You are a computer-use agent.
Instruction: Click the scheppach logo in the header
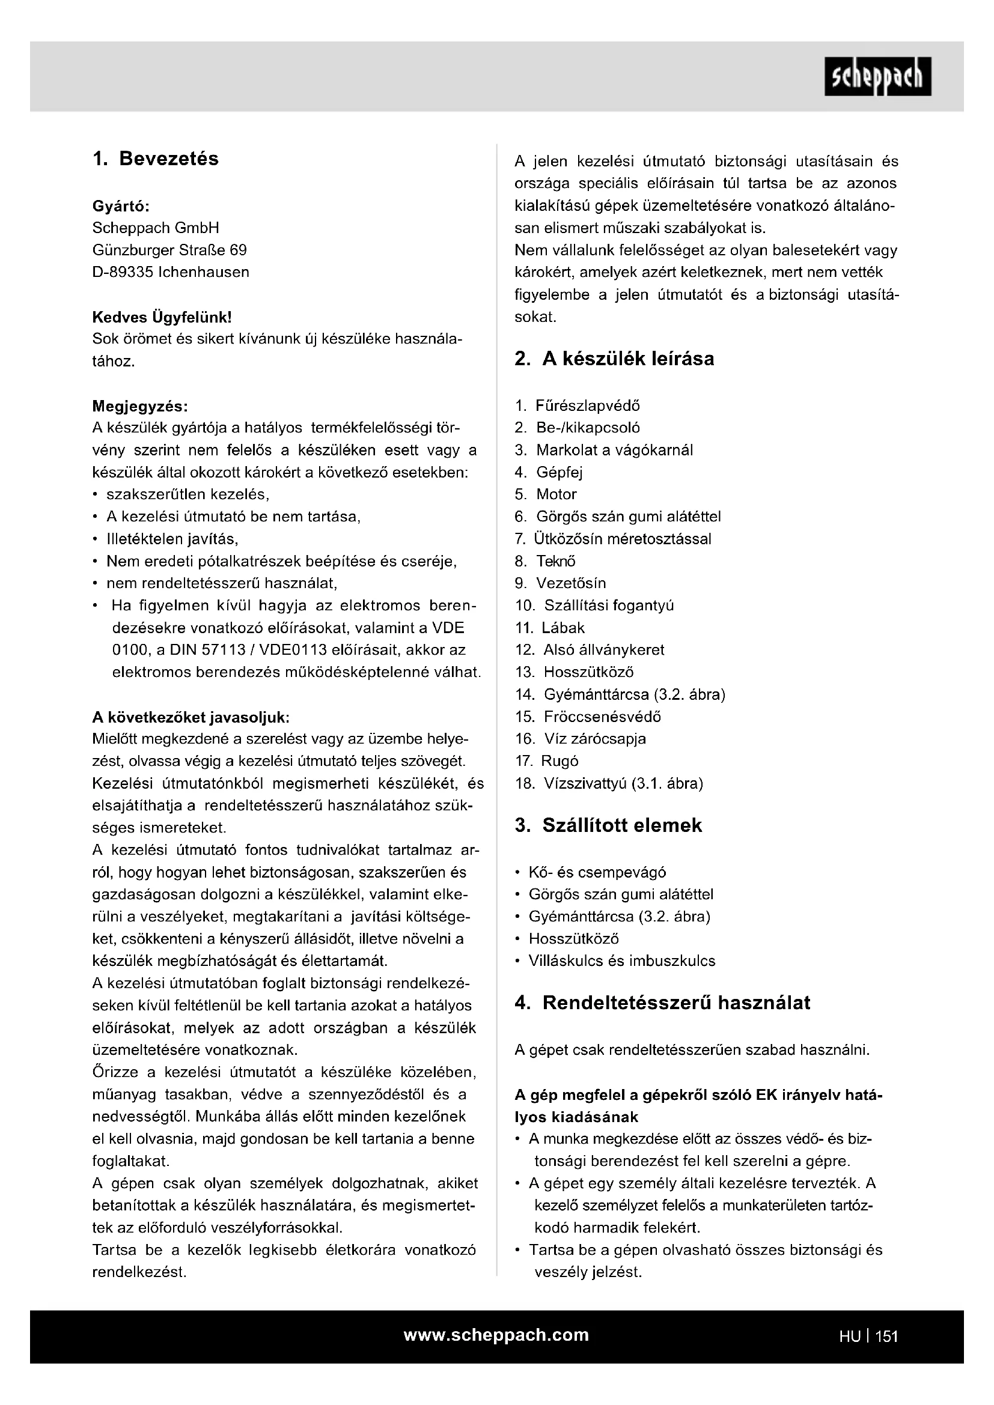[877, 76]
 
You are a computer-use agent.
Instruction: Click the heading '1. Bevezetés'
[156, 159]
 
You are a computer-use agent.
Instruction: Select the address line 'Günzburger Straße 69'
[169, 250]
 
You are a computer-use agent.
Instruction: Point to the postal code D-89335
[123, 272]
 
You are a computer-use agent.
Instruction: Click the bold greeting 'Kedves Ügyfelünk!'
[162, 317]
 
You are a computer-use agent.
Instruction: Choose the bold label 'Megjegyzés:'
[140, 406]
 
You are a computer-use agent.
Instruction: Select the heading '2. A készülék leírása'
[615, 359]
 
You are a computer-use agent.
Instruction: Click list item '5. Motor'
[546, 494]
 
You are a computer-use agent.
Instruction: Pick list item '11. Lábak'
[550, 628]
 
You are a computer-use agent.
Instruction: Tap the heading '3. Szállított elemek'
[608, 825]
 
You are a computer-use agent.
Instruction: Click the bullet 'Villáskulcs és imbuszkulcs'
[622, 960]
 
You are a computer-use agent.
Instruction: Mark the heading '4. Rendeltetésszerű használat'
[662, 1003]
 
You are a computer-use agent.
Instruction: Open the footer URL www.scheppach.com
[496, 1335]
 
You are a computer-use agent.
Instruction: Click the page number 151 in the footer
[886, 1337]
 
